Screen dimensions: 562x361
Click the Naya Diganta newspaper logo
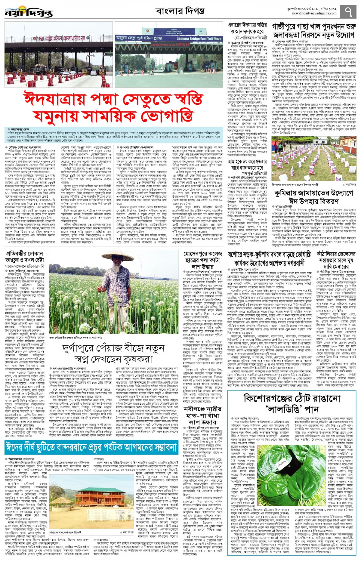29,13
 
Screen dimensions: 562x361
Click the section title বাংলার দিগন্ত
180,11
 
